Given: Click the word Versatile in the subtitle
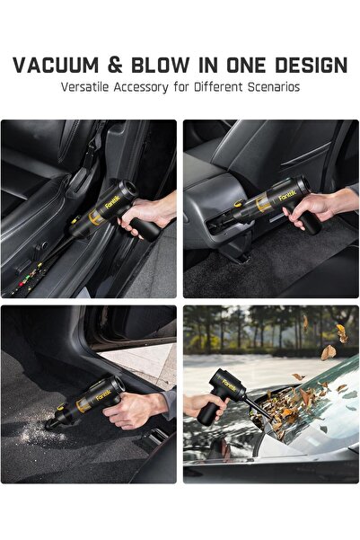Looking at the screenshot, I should point(89,87).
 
